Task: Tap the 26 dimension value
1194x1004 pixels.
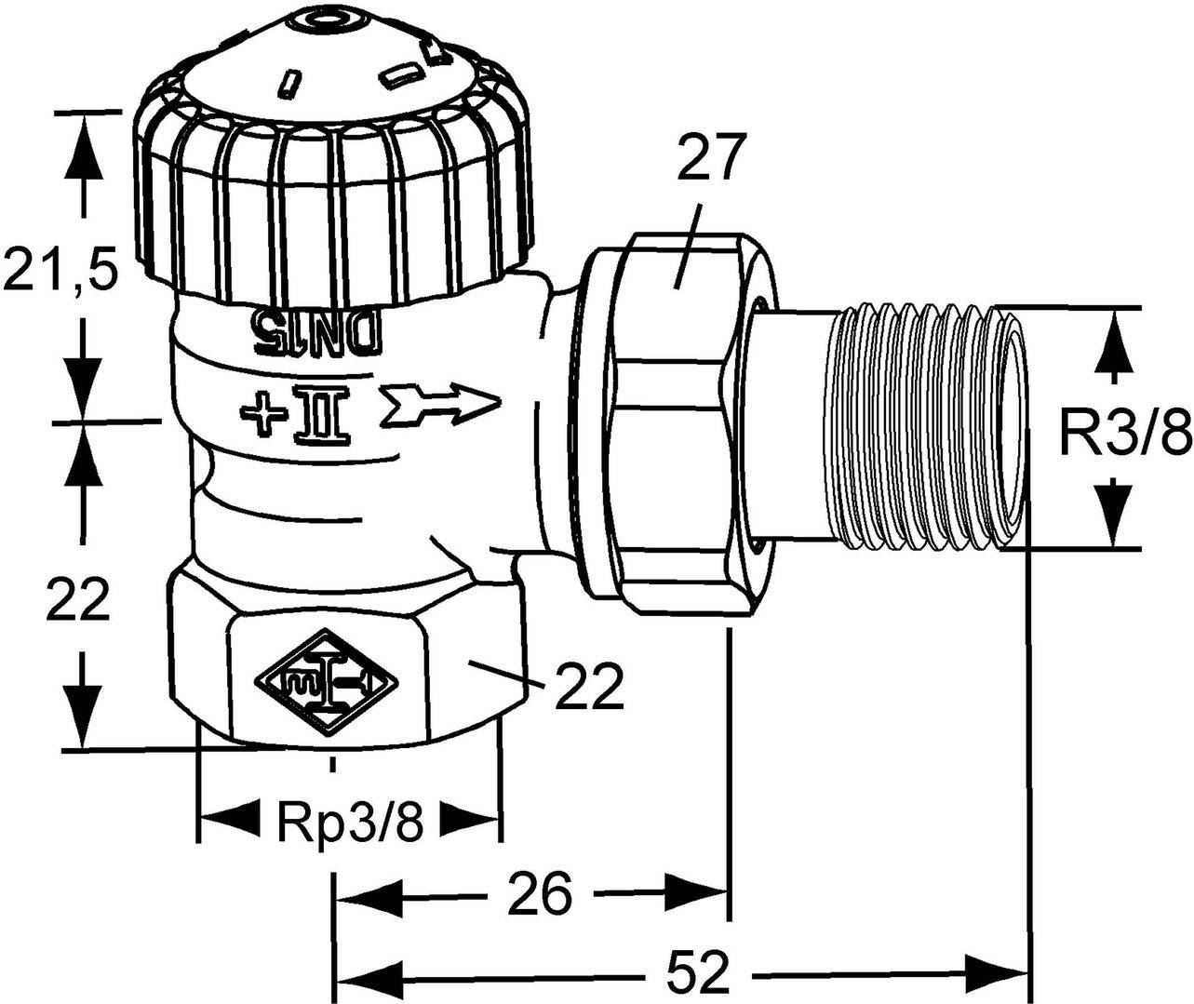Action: point(540,895)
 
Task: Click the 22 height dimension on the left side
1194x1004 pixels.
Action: point(78,599)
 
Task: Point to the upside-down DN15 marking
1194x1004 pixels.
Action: point(315,331)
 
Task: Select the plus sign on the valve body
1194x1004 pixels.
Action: point(259,408)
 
